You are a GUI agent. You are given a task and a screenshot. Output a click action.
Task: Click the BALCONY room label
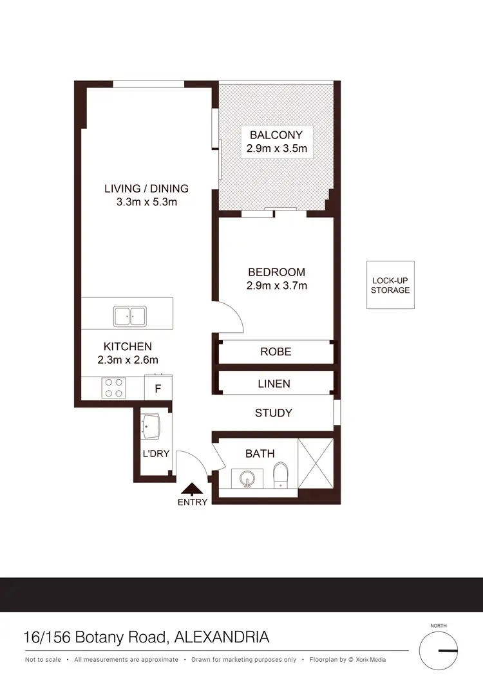click(276, 135)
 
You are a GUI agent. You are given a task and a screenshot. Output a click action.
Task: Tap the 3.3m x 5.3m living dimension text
click(146, 201)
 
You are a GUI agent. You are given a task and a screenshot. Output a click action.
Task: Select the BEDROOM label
click(276, 272)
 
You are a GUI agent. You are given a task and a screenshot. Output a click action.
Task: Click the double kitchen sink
click(130, 316)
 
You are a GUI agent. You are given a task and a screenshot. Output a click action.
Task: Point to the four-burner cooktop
click(114, 388)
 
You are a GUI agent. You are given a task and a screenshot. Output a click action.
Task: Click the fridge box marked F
click(158, 388)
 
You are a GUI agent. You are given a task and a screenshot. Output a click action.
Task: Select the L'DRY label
click(156, 454)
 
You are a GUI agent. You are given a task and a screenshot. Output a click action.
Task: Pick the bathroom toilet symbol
click(281, 476)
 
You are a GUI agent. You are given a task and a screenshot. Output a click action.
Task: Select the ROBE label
click(276, 351)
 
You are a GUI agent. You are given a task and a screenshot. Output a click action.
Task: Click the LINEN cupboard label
click(274, 384)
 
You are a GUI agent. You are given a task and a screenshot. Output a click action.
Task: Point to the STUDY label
click(274, 413)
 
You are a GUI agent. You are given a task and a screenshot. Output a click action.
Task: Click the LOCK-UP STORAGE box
click(390, 285)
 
